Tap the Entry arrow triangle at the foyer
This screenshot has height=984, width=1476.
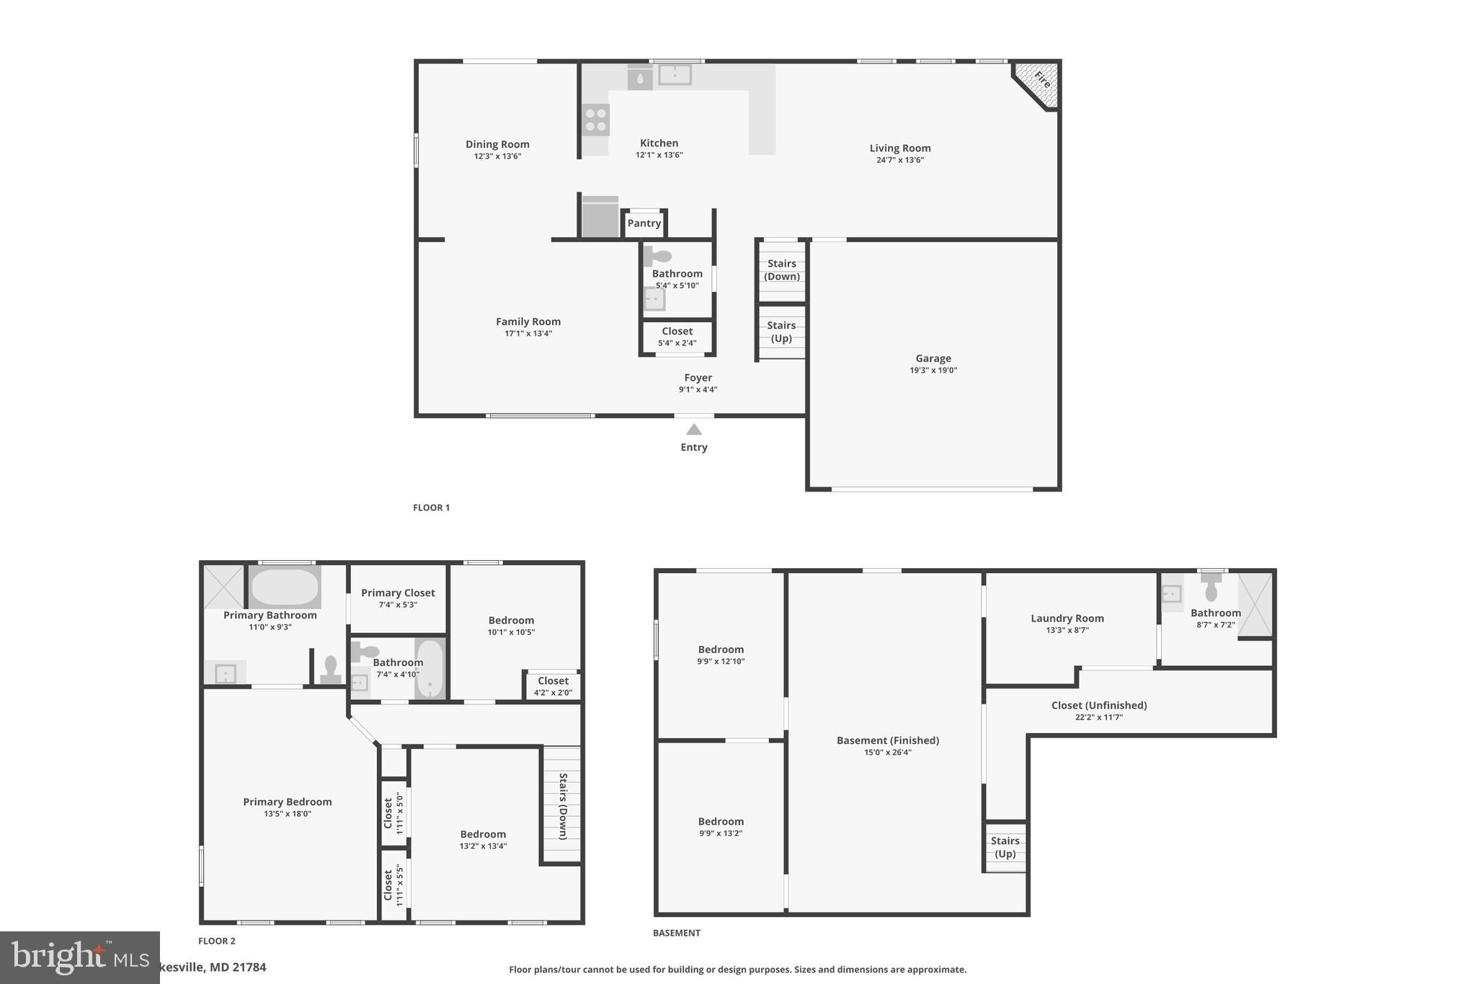pyautogui.click(x=693, y=430)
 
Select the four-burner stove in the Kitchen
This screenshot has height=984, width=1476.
pyautogui.click(x=596, y=120)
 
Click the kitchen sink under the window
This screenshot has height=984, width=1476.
pyautogui.click(x=675, y=74)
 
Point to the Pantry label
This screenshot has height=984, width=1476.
pyautogui.click(x=644, y=223)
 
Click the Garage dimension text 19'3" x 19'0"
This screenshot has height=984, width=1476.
pyautogui.click(x=933, y=371)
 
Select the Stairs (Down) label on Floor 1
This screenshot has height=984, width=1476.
pyautogui.click(x=781, y=270)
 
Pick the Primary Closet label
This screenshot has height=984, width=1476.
pyautogui.click(x=398, y=593)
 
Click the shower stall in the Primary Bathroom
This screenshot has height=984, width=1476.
pyautogui.click(x=223, y=587)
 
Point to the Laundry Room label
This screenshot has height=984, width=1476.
pyautogui.click(x=1067, y=618)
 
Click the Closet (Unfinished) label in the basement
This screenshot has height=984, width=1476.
pyautogui.click(x=1098, y=705)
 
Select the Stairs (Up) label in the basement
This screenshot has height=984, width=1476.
pyautogui.click(x=1005, y=847)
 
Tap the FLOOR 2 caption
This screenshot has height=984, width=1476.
pyautogui.click(x=216, y=941)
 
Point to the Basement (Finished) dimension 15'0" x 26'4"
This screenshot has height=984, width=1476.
pyautogui.click(x=887, y=753)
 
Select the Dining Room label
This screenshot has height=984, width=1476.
pyautogui.click(x=497, y=144)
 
